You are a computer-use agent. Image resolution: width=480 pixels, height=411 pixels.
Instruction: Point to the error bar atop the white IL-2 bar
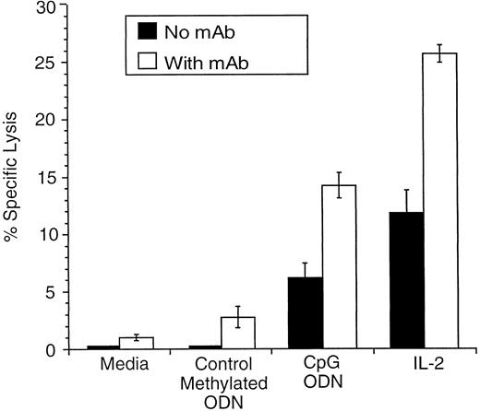pyautogui.click(x=440, y=53)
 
